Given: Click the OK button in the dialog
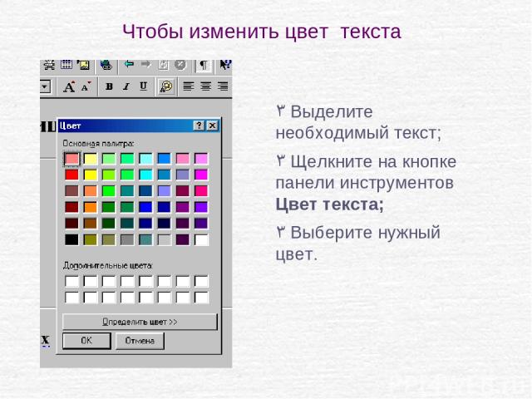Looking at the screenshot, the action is [x=86, y=340].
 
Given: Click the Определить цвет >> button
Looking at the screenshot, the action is [x=140, y=322].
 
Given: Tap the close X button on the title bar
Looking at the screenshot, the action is [x=213, y=126].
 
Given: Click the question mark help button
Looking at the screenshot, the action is [x=199, y=126].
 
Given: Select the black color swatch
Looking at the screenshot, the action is [x=71, y=239].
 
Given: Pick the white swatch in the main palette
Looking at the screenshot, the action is [x=201, y=239].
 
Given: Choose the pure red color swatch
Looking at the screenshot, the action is [x=71, y=175].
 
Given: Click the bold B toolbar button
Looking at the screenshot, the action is [x=109, y=86].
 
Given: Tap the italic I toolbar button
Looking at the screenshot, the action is [x=126, y=86].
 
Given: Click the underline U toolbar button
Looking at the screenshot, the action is [x=144, y=86].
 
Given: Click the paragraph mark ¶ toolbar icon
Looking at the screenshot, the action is [x=204, y=65].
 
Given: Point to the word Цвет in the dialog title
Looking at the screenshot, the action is [x=70, y=126].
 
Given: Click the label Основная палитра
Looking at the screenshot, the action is [x=98, y=144].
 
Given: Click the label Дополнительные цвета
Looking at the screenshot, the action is [x=108, y=265].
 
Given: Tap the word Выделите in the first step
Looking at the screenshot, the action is [x=332, y=111].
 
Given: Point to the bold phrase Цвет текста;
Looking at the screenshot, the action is [x=329, y=204].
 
